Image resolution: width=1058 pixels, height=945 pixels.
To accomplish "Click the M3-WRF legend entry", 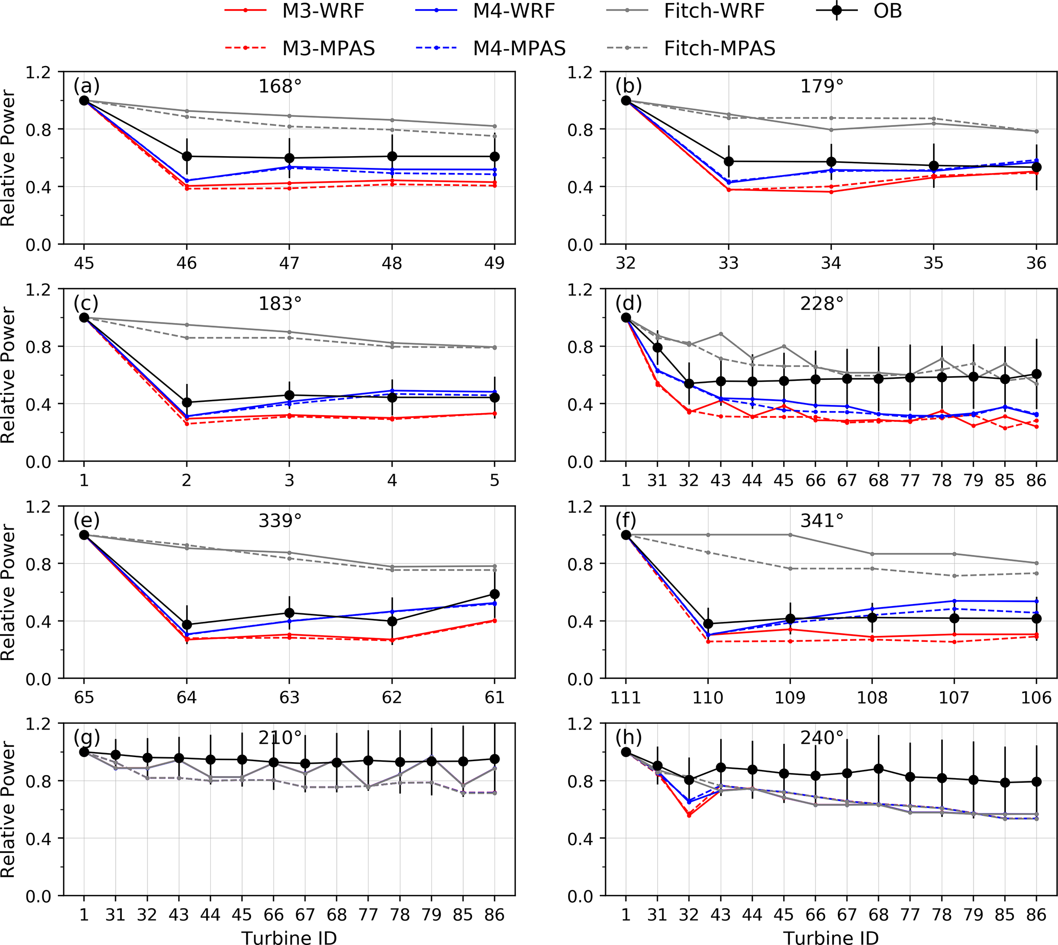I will pyautogui.click(x=323, y=11).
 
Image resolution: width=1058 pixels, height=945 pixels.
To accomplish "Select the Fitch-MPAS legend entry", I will pyautogui.click(x=719, y=48).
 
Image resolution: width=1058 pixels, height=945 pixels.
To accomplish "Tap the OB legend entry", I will pyautogui.click(x=887, y=11).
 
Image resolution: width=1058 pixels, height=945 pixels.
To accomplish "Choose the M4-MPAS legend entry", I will pyautogui.click(x=519, y=48).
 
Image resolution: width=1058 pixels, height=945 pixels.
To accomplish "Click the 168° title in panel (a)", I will pyautogui.click(x=280, y=85).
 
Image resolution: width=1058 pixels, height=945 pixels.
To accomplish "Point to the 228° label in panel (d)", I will pyautogui.click(x=822, y=303).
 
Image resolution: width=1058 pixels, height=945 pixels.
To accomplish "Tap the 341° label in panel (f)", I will pyautogui.click(x=822, y=520).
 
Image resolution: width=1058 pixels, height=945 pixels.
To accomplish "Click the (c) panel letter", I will pyautogui.click(x=86, y=303).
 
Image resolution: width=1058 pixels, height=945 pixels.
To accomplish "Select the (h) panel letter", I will pyautogui.click(x=628, y=737).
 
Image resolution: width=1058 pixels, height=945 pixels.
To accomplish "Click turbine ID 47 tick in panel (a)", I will pyautogui.click(x=289, y=263).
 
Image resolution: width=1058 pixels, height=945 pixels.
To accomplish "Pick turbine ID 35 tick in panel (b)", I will pyautogui.click(x=934, y=263).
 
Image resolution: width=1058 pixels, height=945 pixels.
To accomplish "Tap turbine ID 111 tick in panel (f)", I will pyautogui.click(x=625, y=697).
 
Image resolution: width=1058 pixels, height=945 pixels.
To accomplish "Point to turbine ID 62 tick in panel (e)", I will pyautogui.click(x=392, y=697).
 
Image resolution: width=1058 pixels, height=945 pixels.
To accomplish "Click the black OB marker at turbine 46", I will pyautogui.click(x=187, y=156).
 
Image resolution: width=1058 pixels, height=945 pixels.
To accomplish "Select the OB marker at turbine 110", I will pyautogui.click(x=708, y=624).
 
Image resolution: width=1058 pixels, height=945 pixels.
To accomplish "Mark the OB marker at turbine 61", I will pyautogui.click(x=495, y=594).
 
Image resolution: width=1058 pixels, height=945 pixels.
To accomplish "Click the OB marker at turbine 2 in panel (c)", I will pyautogui.click(x=187, y=402).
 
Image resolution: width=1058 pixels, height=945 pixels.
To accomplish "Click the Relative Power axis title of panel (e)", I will pyautogui.click(x=8, y=592).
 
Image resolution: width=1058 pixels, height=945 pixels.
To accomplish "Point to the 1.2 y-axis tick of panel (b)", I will pyautogui.click(x=580, y=72).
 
